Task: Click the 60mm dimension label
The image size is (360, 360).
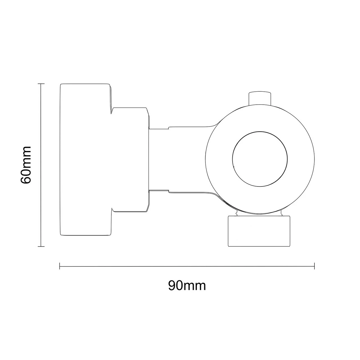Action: click(26, 165)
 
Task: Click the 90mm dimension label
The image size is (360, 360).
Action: click(187, 286)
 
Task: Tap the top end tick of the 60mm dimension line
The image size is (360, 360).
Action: click(41, 84)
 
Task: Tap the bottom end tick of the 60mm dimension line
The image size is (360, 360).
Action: click(41, 246)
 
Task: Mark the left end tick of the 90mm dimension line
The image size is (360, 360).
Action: click(60, 266)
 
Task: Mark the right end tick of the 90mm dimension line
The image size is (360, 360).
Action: click(314, 266)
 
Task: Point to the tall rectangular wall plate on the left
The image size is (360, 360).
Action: click(84, 160)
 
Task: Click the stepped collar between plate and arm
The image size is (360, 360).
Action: click(130, 160)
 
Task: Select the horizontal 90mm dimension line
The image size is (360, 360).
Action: click(187, 266)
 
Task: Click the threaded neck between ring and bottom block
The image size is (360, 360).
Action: click(259, 213)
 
